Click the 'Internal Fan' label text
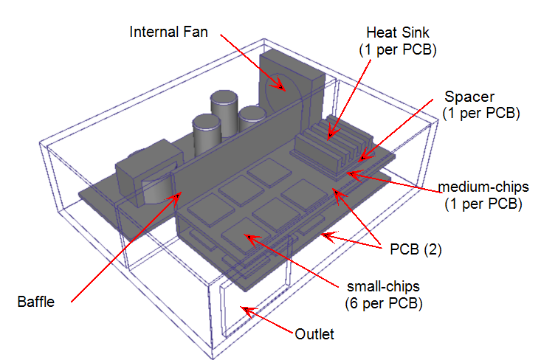[169, 32]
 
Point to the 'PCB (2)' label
[415, 249]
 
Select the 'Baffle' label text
[35, 302]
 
